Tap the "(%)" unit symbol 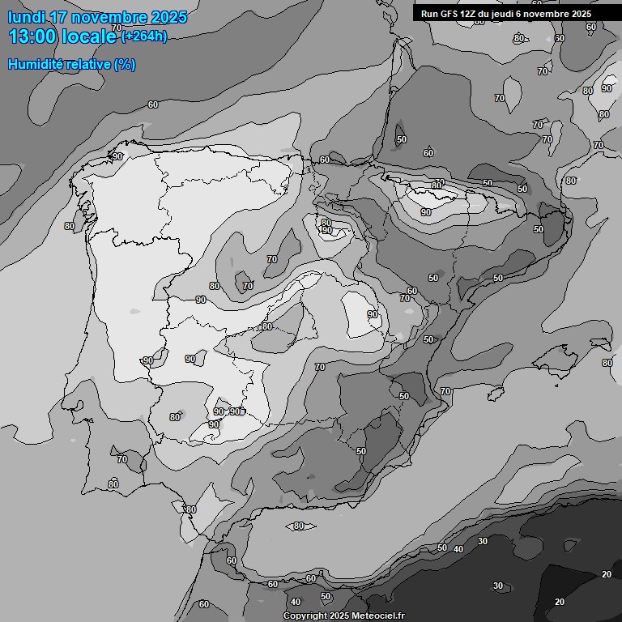pyautogui.click(x=126, y=64)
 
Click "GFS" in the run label pyautogui.click(x=451, y=14)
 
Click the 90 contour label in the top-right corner pyautogui.click(x=607, y=88)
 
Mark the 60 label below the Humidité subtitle pyautogui.click(x=153, y=104)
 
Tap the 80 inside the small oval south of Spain pyautogui.click(x=299, y=526)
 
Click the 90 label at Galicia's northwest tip pyautogui.click(x=117, y=156)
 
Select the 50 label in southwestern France pyautogui.click(x=402, y=139)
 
